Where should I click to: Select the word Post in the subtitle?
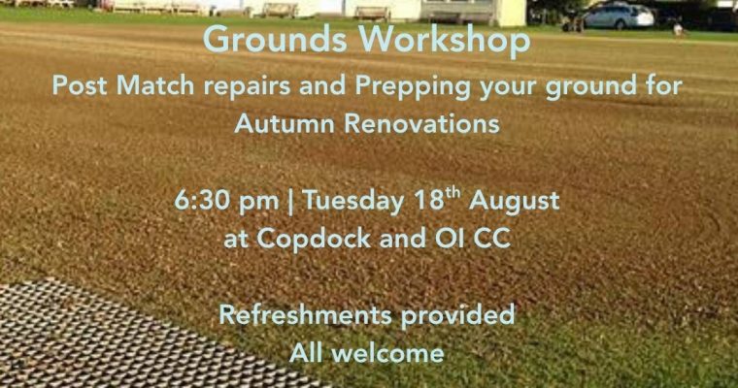pos(80,85)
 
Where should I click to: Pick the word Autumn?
pos(285,123)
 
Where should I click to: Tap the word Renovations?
pos(421,123)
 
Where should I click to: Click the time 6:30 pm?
pos(227,201)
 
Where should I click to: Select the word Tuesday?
pos(353,202)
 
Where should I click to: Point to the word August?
pos(514,202)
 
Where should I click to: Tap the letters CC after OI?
pos(491,238)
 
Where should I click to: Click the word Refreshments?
pos(306,314)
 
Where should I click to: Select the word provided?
pos(458,315)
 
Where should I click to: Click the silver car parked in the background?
pos(618,16)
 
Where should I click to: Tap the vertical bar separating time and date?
pos(291,202)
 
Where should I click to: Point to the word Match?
pos(155,85)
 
